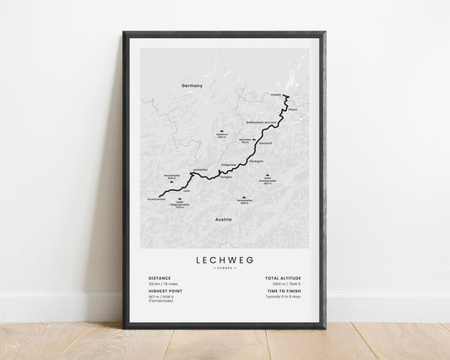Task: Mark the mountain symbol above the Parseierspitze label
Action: click(243, 198)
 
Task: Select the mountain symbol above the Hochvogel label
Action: click(221, 131)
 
